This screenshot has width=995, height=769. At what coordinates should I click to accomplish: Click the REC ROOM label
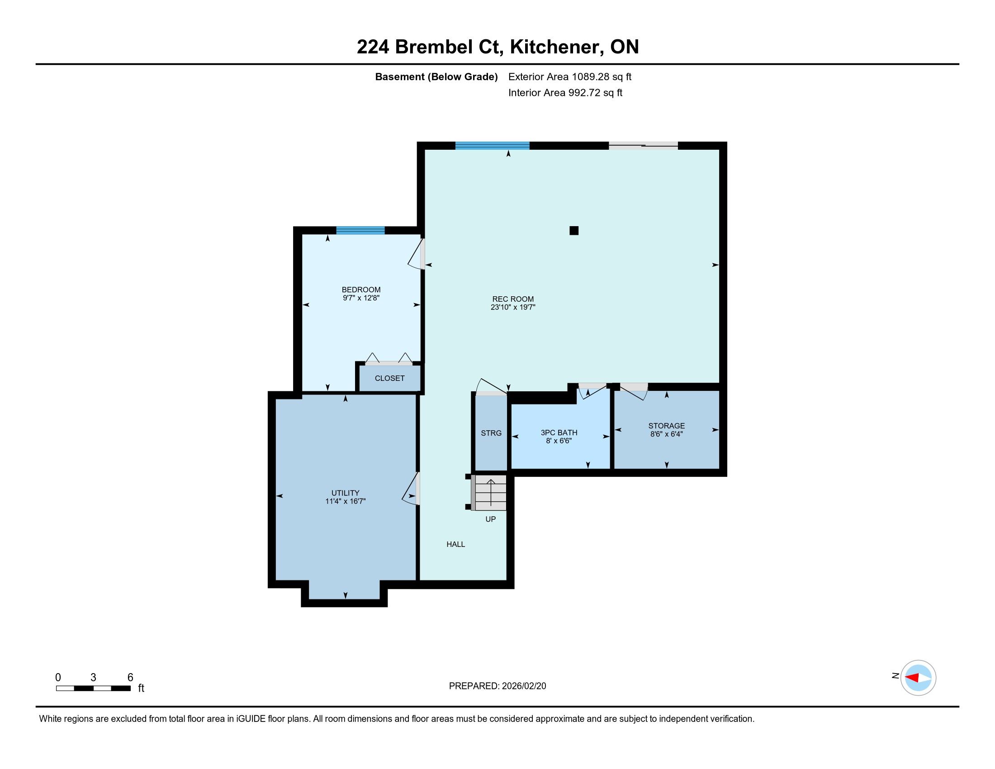[x=512, y=299]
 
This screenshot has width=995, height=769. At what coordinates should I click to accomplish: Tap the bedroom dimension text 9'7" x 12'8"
[x=361, y=298]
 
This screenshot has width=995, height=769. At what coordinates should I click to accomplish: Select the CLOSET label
[x=389, y=378]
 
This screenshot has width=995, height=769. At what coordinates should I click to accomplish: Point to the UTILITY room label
[x=346, y=493]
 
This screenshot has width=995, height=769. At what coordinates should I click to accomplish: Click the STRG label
[x=491, y=433]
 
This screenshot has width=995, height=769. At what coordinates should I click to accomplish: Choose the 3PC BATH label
[x=559, y=433]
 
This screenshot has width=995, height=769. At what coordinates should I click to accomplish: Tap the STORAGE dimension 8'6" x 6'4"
[x=667, y=434]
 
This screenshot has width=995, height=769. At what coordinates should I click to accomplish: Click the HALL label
[x=455, y=544]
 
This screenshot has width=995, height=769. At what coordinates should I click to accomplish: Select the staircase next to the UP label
[x=489, y=493]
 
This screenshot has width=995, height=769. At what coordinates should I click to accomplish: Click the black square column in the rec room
[x=574, y=231]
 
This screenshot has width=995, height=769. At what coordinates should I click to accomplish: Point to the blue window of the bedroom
[x=360, y=230]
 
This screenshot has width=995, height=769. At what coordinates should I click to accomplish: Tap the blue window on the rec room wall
[x=493, y=146]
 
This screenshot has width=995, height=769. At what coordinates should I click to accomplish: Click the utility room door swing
[x=410, y=489]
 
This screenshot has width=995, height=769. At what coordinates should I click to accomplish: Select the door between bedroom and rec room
[x=416, y=254]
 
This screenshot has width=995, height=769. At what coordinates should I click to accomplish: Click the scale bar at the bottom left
[x=94, y=688]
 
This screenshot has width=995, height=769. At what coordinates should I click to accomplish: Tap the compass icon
[x=918, y=678]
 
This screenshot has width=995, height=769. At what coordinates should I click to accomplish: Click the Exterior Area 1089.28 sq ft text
[x=570, y=76]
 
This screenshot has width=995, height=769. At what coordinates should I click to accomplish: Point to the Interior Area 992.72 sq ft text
[x=565, y=92]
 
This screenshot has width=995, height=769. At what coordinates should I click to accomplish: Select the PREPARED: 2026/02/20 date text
[x=497, y=686]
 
